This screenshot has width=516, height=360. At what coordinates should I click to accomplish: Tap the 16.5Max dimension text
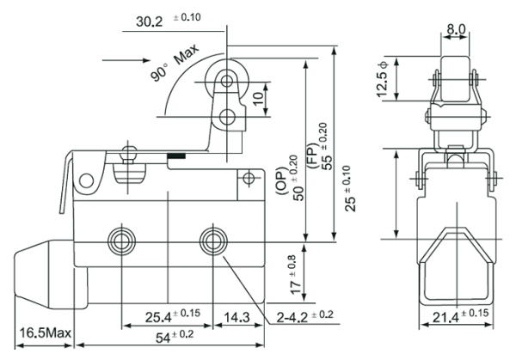44,332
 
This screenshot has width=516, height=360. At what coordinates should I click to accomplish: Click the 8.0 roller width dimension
456,29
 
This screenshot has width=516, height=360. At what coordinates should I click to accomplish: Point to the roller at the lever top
227,80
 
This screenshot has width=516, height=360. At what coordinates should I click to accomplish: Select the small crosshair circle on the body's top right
249,180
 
